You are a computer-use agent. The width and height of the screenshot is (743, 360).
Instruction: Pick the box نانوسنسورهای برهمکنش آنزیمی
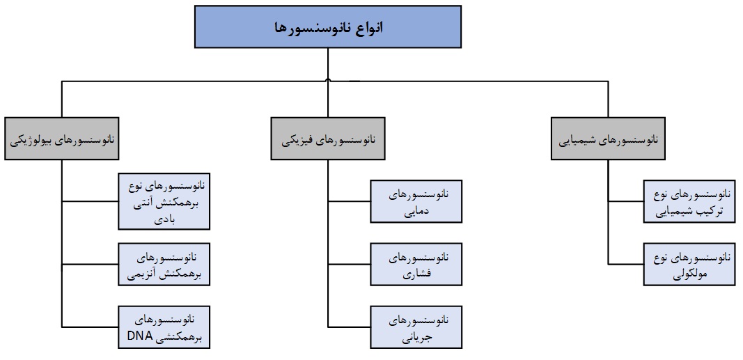164,263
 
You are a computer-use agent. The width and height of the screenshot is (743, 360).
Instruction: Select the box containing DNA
164,326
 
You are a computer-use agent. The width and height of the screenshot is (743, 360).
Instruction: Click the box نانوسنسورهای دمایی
416,202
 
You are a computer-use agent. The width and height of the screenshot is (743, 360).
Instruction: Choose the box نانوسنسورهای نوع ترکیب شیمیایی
689,202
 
